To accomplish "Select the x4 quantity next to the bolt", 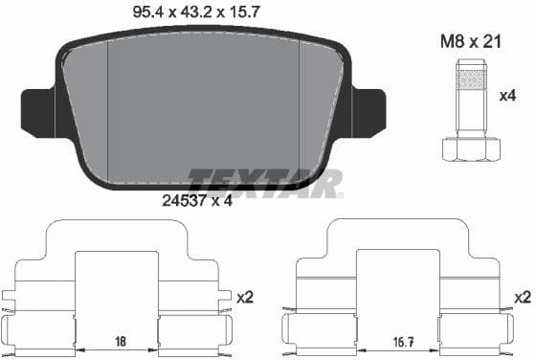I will [x=507, y=97].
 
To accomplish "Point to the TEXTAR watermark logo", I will [x=265, y=182].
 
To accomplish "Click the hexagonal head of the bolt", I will [x=472, y=149].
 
